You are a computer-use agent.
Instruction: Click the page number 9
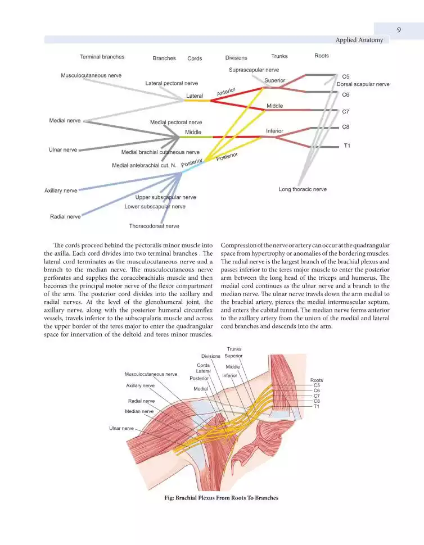point(398,30)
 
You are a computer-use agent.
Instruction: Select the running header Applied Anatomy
point(359,40)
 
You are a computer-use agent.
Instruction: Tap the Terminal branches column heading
point(102,57)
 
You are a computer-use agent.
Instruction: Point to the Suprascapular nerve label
point(254,70)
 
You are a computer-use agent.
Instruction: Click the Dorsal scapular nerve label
point(363,84)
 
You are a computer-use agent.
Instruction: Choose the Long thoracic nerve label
point(303,189)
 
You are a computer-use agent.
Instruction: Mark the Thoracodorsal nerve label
point(154,226)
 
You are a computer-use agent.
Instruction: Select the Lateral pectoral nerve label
point(172,83)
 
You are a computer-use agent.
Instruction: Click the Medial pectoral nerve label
point(176,122)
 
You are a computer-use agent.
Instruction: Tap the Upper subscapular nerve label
point(165,197)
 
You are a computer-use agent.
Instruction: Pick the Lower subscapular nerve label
point(155,206)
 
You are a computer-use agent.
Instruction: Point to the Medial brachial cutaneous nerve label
point(160,152)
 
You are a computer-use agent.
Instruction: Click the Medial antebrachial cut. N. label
point(144,165)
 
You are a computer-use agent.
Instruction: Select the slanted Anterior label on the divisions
point(225,91)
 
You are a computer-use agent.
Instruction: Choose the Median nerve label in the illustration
point(139,411)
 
